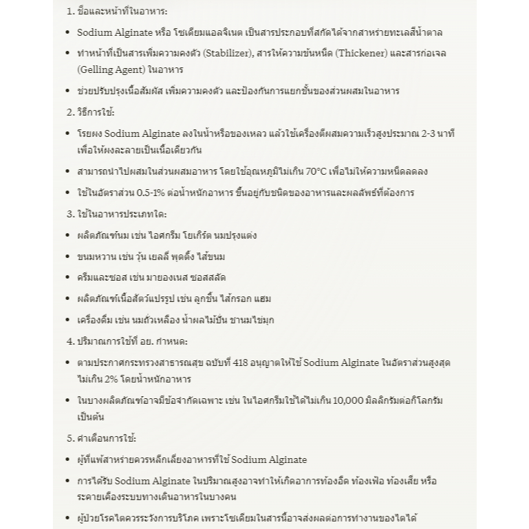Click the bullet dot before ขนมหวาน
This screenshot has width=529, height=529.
[67, 257]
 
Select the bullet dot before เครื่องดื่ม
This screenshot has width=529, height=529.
[67, 320]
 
